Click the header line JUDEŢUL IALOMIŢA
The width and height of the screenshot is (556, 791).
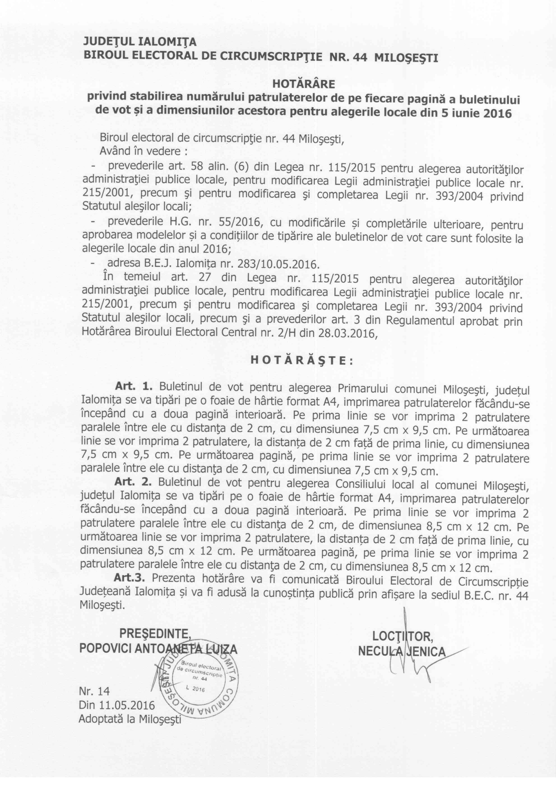(x=140, y=42)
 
